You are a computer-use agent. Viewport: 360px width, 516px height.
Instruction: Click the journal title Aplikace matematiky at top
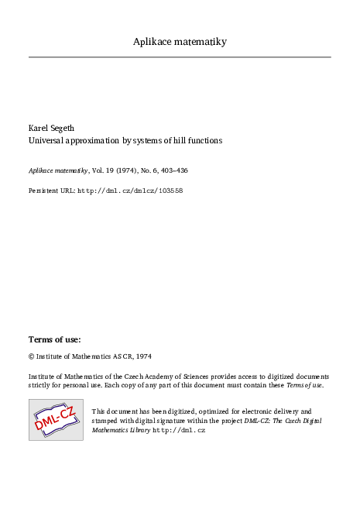[x=180, y=41]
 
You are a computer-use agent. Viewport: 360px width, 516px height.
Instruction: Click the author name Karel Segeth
[x=53, y=128]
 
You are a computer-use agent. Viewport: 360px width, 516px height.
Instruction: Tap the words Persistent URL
[x=51, y=190]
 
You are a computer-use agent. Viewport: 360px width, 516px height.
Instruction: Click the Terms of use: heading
[x=55, y=339]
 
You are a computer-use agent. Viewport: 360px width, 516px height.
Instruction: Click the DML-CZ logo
[x=56, y=420]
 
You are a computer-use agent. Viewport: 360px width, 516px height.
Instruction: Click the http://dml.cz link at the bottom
[x=179, y=429]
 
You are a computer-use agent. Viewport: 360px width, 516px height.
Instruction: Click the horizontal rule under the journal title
[x=180, y=57]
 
